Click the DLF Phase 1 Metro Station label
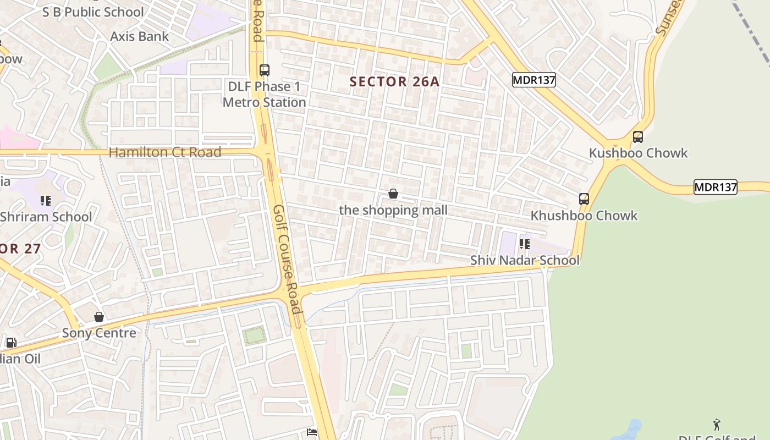(x=264, y=95)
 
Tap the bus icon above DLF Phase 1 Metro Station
(x=265, y=70)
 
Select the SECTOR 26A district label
(x=394, y=82)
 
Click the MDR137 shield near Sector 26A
(x=533, y=80)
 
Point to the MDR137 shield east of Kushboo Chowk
(x=715, y=187)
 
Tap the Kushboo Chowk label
(x=638, y=153)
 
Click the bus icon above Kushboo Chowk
(x=638, y=136)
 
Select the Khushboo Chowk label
(x=584, y=216)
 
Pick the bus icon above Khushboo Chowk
(x=584, y=199)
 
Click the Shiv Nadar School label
(x=525, y=260)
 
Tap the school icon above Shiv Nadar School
(x=525, y=244)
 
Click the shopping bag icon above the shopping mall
(x=393, y=194)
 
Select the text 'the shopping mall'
(x=393, y=210)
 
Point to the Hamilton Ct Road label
(x=165, y=152)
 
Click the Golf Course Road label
(x=287, y=258)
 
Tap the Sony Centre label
(x=99, y=333)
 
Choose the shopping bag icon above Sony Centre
(x=99, y=317)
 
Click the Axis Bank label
(x=139, y=36)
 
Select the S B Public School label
(x=93, y=12)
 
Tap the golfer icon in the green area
(x=717, y=425)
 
